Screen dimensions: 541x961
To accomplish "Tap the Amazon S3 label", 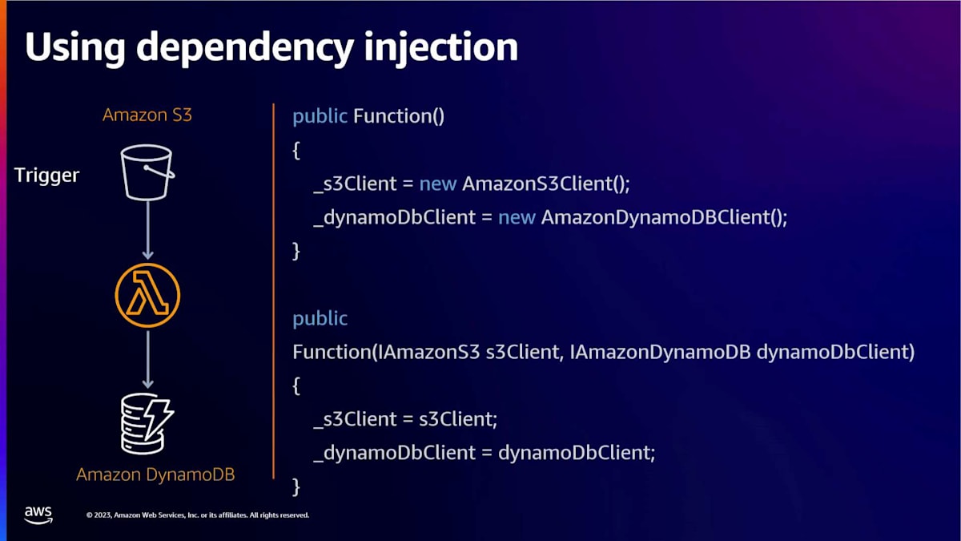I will pos(147,115).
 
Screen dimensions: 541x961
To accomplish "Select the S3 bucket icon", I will pos(147,172).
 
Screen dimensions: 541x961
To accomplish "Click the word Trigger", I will pos(47,175).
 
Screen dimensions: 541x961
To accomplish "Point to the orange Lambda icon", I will pos(147,297).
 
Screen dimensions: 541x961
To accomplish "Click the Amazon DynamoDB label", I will pos(155,474).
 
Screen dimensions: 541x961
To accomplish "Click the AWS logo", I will pos(38,514).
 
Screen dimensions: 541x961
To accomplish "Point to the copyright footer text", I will pos(197,515).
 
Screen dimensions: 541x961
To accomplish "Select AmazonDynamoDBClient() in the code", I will pos(665,217).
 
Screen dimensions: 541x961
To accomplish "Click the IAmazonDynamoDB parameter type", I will pos(661,352).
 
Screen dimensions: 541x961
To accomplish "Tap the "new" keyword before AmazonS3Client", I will pos(438,184).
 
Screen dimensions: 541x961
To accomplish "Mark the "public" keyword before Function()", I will pos(320,116).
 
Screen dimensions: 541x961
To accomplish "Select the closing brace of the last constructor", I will pos(296,486).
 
